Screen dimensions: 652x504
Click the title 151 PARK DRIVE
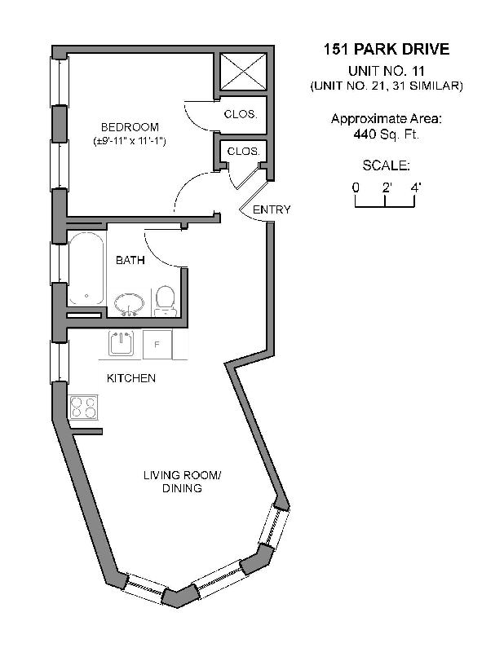pyautogui.click(x=386, y=50)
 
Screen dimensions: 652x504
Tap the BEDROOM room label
pyautogui.click(x=130, y=127)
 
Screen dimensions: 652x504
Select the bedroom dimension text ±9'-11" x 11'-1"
pyautogui.click(x=130, y=142)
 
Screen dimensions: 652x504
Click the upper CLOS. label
pyautogui.click(x=241, y=114)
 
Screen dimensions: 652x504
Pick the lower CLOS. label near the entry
pyautogui.click(x=243, y=152)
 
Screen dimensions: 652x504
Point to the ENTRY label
pyautogui.click(x=271, y=209)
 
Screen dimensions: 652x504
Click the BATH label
pyautogui.click(x=130, y=261)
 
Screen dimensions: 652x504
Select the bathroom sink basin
pyautogui.click(x=128, y=305)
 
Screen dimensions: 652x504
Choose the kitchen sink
pyautogui.click(x=121, y=344)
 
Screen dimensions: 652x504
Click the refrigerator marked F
pyautogui.click(x=157, y=344)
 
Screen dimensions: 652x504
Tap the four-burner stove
pyautogui.click(x=83, y=407)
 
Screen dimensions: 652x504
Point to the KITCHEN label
pyautogui.click(x=131, y=378)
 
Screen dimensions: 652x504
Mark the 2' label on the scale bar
pyautogui.click(x=387, y=187)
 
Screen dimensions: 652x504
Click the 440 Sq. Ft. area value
pyautogui.click(x=386, y=134)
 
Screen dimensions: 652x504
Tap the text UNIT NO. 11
pyautogui.click(x=386, y=71)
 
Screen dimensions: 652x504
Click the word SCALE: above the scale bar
pyautogui.click(x=386, y=165)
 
